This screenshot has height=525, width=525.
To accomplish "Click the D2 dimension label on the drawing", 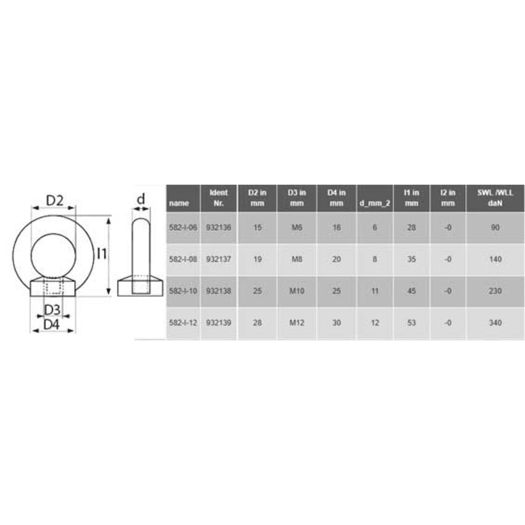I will coord(56,201).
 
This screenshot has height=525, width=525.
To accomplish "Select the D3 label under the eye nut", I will coord(53,308).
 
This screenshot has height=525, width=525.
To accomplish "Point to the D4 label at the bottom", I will coord(53,323).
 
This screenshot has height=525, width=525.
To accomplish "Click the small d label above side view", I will coord(141,199).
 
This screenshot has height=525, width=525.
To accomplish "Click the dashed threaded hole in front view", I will coord(53,288).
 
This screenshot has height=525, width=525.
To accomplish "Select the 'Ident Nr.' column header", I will coord(219,198).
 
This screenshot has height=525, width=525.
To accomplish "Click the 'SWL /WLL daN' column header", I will coord(495,198).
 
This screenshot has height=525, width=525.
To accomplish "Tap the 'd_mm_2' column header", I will coord(375,203).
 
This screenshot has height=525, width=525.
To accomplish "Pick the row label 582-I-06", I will coord(182,228).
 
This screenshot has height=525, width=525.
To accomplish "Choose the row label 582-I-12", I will coord(182,322).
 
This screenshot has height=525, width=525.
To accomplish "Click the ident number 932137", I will coord(219,259).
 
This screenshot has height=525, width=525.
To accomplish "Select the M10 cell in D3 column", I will coord(296,291).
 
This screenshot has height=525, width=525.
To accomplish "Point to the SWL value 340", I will coord(495,322).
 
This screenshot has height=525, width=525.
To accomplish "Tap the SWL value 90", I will coord(495,228).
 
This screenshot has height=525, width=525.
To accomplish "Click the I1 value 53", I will coord(411,322).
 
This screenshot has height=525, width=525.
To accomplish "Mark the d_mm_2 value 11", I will coord(375,291).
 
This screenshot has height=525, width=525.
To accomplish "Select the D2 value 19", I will coord(258,259).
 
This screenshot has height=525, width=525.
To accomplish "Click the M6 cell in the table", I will coord(296,228).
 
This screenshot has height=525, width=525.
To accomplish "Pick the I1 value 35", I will coord(411,259).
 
